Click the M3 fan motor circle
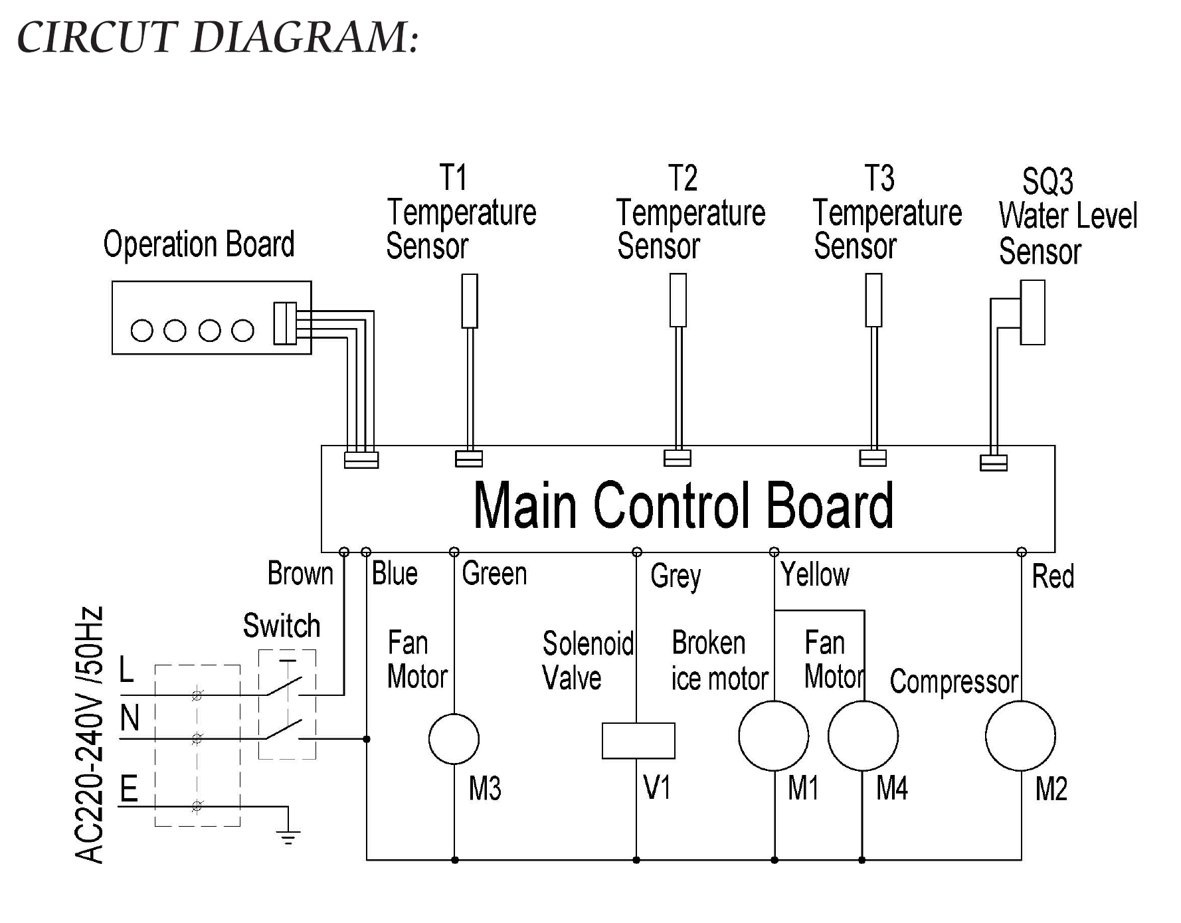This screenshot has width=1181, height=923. (x=454, y=738)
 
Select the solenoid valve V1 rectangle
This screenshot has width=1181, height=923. (x=638, y=740)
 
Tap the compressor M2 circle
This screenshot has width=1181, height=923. (x=1020, y=736)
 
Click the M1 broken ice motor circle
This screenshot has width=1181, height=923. (x=774, y=736)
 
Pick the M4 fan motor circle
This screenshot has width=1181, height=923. (x=863, y=736)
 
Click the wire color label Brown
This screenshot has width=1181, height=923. (x=300, y=573)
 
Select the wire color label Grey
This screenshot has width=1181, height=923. (x=676, y=576)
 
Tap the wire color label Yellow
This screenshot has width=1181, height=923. (x=815, y=574)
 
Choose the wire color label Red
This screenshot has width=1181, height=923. (x=1053, y=576)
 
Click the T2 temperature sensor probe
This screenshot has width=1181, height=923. (x=678, y=300)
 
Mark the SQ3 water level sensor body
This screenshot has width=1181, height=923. (x=1032, y=312)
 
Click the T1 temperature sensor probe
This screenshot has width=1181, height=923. (x=470, y=301)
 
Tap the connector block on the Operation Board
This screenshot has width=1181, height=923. (x=285, y=323)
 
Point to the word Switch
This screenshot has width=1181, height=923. (x=282, y=626)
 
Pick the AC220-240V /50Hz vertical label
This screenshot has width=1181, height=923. (x=90, y=734)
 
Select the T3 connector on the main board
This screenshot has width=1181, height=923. (x=873, y=458)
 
